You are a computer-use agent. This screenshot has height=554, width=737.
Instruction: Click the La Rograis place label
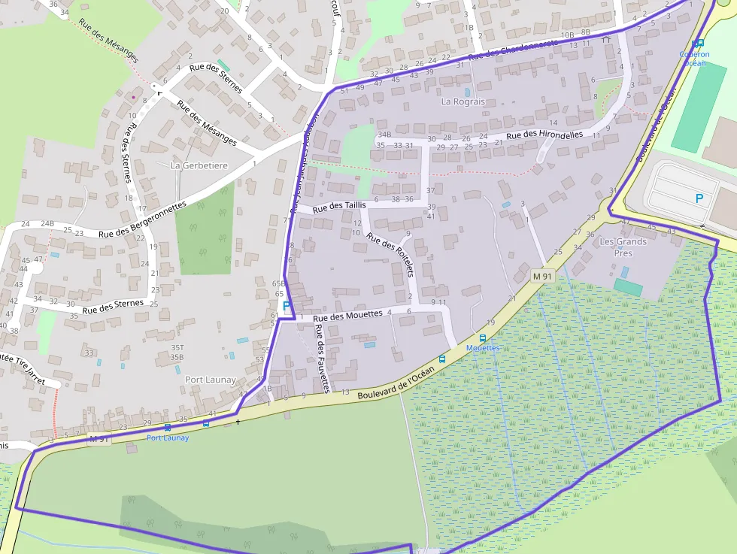[x=463, y=101]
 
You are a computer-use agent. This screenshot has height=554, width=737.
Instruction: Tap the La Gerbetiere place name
[x=199, y=165]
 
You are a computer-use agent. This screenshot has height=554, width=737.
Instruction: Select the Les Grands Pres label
[x=623, y=247]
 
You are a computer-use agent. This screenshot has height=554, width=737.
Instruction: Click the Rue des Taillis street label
[x=338, y=205]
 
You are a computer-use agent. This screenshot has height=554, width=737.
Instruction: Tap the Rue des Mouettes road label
[x=348, y=316]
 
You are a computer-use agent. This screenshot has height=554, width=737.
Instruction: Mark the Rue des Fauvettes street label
[x=322, y=359]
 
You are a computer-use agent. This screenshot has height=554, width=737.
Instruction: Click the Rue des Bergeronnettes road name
[x=142, y=219]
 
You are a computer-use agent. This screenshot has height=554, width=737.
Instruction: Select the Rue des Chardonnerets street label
[x=514, y=50]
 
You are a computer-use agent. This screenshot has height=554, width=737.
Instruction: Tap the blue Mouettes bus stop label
[x=483, y=348]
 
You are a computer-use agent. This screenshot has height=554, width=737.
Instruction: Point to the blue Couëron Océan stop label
[x=693, y=58]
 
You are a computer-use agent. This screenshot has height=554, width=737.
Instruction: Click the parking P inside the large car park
[x=699, y=198]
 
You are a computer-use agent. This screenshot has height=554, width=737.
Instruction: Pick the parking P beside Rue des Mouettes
[x=286, y=306]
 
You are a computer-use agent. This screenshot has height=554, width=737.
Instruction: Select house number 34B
[x=384, y=135]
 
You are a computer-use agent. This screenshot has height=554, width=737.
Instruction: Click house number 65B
[x=279, y=283]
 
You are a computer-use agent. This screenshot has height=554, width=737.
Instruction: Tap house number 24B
[x=47, y=224]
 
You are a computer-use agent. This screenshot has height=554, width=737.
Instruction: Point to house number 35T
[x=177, y=348]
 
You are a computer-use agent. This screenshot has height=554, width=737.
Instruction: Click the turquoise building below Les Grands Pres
[x=628, y=287]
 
